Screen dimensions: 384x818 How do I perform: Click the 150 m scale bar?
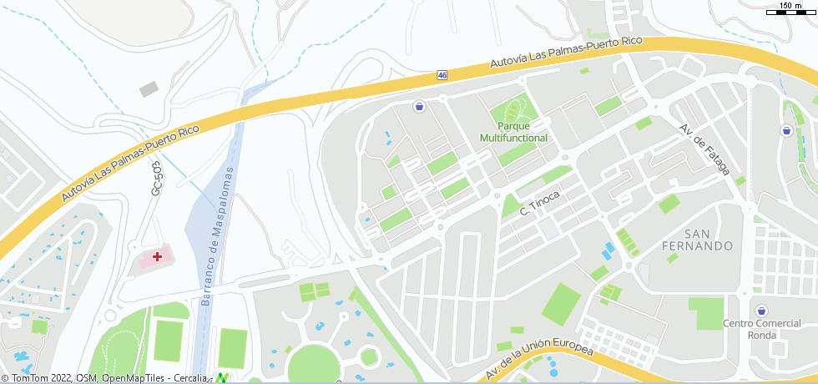pos(790,9)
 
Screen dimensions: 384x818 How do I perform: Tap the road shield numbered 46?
pos(442,75)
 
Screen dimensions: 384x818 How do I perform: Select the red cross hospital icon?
pos(157,256)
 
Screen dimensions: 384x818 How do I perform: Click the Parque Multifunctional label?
pos(513,132)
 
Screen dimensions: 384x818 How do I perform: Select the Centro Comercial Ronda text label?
pos(760,329)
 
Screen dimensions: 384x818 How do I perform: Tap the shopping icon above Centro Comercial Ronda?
pos(760,311)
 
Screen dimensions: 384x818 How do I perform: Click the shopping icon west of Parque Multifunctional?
pos(419,106)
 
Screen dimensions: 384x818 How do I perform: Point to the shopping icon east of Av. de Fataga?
pos(786,131)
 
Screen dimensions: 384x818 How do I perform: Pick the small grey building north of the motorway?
pos(149,88)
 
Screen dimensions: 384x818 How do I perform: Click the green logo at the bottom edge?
pos(222,378)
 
